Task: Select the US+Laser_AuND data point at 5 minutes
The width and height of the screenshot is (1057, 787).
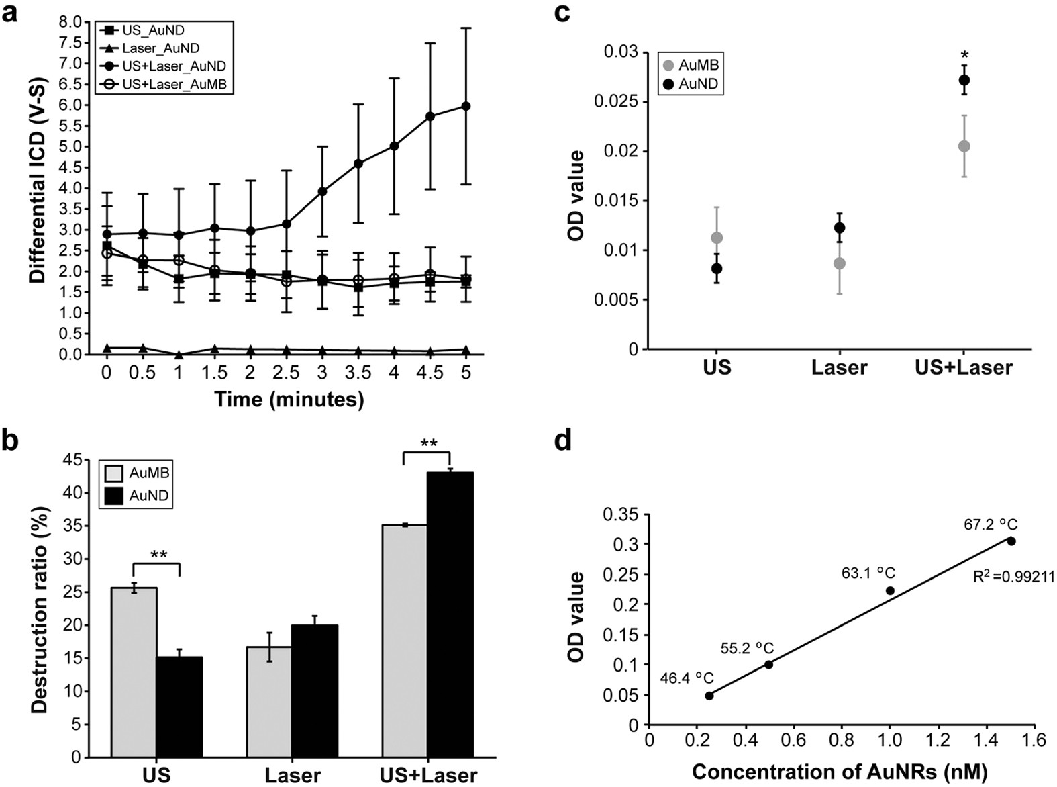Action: (466, 106)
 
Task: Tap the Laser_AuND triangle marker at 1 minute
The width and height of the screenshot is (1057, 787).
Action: (179, 354)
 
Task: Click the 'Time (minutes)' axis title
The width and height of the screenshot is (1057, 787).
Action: (289, 400)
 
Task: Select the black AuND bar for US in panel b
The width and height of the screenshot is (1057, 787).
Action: (179, 706)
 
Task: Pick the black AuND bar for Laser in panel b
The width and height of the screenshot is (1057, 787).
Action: (315, 691)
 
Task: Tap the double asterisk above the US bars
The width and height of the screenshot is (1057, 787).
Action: (159, 555)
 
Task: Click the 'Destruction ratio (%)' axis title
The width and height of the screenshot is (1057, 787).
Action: (41, 608)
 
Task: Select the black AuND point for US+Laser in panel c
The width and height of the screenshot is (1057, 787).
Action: (964, 80)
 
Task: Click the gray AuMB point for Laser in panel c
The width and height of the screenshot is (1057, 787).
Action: (840, 263)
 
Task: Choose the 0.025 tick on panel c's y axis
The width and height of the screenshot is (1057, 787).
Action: (616, 102)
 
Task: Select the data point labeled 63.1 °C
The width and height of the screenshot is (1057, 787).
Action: (890, 590)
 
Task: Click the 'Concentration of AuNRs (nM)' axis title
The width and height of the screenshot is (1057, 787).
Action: (840, 772)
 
